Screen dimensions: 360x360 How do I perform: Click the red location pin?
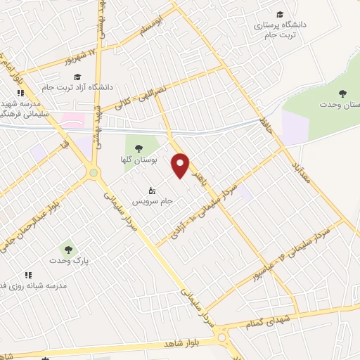coord(181,165)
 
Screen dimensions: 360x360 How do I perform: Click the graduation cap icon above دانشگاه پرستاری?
coord(280,15)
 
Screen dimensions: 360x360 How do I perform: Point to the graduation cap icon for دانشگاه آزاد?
coord(77,77)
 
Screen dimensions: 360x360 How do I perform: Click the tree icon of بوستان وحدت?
coord(342,94)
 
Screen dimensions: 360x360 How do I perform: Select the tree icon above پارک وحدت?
coord(67,248)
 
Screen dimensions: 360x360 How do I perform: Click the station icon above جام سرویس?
coord(150,190)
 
